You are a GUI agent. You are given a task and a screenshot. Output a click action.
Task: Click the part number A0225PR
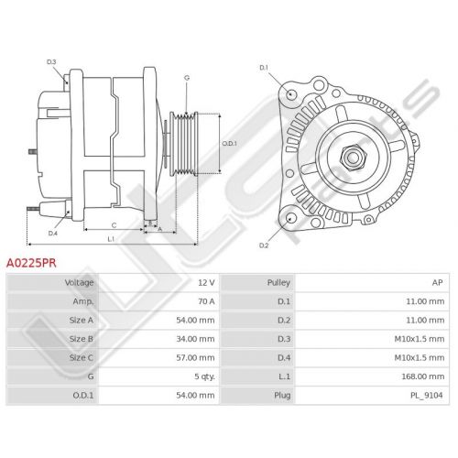tap(31, 263)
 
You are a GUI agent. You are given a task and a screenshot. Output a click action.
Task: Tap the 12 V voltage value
tap(206, 283)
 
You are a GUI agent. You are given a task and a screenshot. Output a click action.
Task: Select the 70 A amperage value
tap(206, 301)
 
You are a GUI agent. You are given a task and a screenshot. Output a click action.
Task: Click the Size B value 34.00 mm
tap(195, 339)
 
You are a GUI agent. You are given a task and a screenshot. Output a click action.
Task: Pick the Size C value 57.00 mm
tap(195, 357)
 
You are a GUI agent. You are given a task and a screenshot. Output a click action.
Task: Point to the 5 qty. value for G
tap(204, 376)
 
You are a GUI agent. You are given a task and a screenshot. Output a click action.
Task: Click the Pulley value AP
tap(437, 283)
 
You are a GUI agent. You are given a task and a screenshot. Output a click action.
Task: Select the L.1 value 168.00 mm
tap(423, 376)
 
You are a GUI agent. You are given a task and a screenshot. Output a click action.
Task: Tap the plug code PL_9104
tap(427, 396)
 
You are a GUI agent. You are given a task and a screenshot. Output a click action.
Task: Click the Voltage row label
tap(79, 283)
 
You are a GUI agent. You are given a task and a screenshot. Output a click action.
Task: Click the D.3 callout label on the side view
tap(51, 62)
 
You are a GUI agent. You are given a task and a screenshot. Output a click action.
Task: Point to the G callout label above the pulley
tap(187, 78)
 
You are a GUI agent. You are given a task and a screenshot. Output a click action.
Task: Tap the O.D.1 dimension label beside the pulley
tap(229, 143)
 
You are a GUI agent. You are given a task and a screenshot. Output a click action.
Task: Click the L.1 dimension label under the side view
tap(111, 239)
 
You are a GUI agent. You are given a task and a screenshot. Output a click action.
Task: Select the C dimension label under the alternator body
tap(114, 225)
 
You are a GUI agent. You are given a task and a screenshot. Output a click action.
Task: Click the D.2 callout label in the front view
tap(264, 245)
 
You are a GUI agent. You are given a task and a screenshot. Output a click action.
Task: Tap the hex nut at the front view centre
tap(352, 157)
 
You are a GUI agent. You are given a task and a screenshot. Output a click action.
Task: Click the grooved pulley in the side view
tap(184, 144)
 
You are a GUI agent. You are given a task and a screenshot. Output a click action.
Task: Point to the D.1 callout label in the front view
tap(264, 68)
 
